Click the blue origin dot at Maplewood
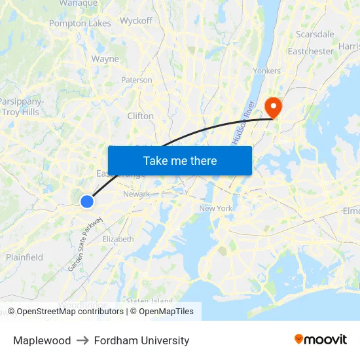[x=87, y=202]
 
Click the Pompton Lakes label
[x=80, y=24]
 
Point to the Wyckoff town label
[x=136, y=21]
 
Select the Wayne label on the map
[x=105, y=59]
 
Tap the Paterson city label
[x=137, y=81]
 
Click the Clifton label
[x=141, y=116]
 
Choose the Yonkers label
[x=266, y=71]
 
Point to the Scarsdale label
[x=315, y=34]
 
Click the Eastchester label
[x=311, y=51]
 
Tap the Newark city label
[x=136, y=194]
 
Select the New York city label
[x=216, y=208]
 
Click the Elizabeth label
[x=118, y=240]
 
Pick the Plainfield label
[x=25, y=257]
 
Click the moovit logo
[x=321, y=340]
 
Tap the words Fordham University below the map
[x=141, y=340]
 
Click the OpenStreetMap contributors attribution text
[x=69, y=312]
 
